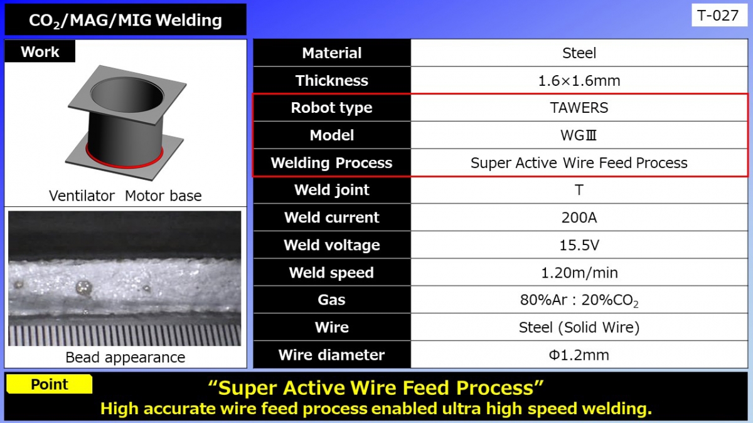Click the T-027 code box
click(719, 15)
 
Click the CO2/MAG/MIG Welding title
click(125, 20)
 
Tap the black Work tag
click(40, 52)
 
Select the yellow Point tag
click(50, 384)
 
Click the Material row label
click(331, 53)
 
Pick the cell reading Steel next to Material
click(579, 53)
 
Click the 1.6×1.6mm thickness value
click(579, 81)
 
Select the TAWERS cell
click(579, 108)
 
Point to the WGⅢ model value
click(579, 135)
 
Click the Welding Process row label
click(331, 163)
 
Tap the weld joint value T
click(579, 190)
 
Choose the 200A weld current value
click(579, 217)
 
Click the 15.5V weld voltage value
click(579, 245)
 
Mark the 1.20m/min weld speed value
click(579, 273)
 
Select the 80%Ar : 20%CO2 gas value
click(579, 300)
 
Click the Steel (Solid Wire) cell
click(579, 327)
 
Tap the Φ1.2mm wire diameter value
click(579, 355)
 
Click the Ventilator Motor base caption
click(125, 196)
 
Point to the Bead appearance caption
click(125, 357)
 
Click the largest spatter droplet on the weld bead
click(83, 288)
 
